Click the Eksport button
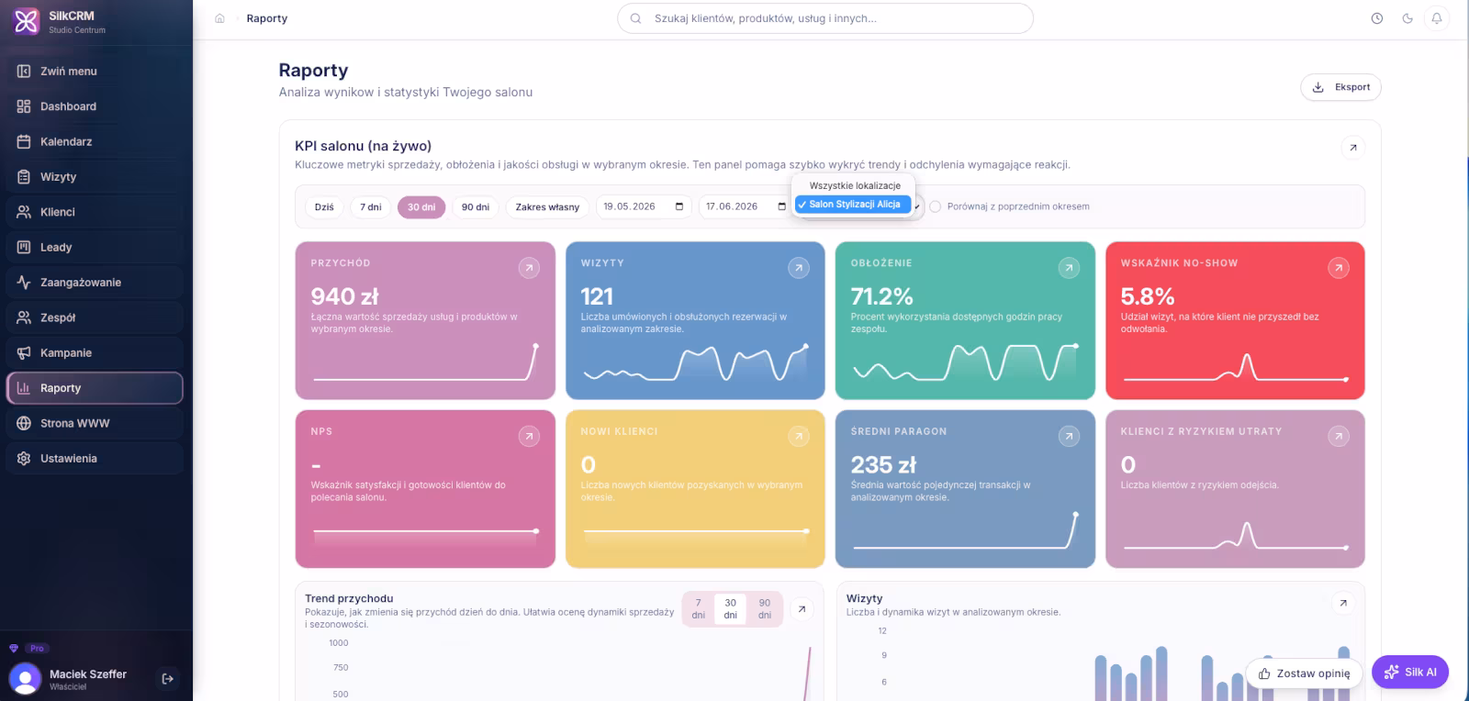(1340, 87)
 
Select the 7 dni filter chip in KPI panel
(371, 207)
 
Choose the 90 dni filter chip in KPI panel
(475, 207)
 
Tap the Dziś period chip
(324, 207)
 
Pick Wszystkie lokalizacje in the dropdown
(855, 185)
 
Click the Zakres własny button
(547, 207)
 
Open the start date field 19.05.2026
(643, 206)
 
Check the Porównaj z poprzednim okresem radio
(936, 206)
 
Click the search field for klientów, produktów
(825, 18)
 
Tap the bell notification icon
(1436, 18)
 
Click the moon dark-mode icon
(1407, 18)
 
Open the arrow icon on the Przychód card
(529, 267)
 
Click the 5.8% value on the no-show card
(1147, 296)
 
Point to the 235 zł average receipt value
(882, 464)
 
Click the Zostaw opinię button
(1304, 673)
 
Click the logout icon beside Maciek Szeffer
(167, 679)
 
